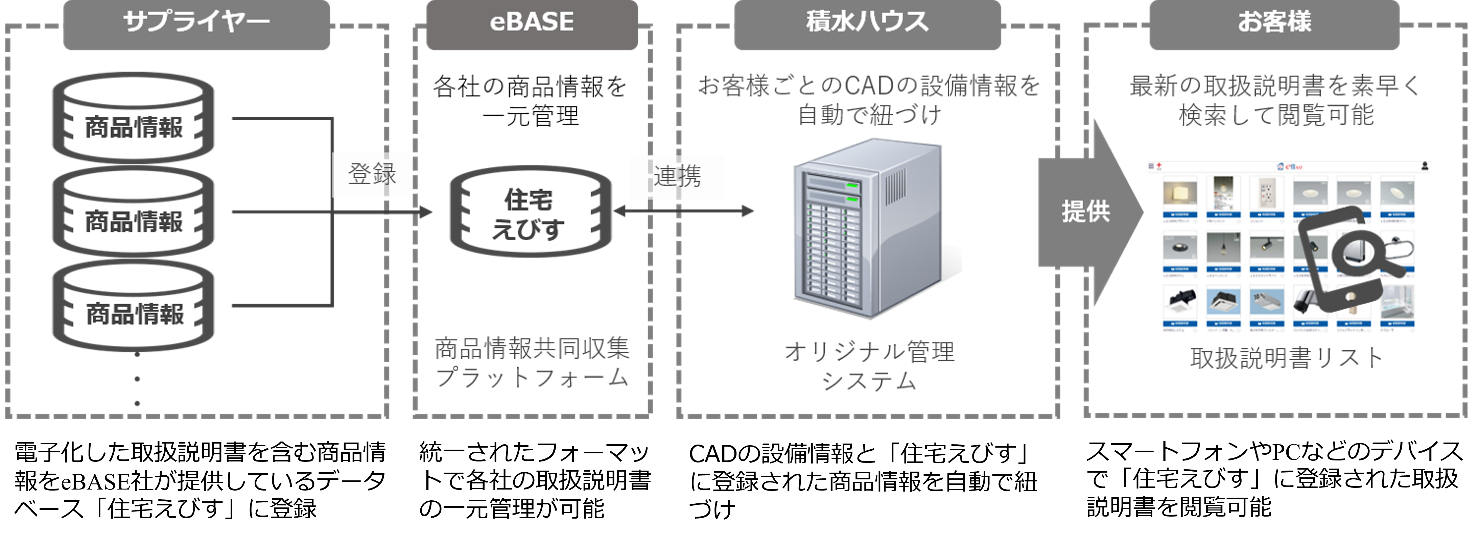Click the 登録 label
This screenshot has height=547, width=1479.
pyautogui.click(x=372, y=174)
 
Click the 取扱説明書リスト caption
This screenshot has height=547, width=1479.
pyautogui.click(x=1286, y=358)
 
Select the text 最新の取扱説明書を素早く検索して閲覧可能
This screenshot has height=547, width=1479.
pyautogui.click(x=1276, y=100)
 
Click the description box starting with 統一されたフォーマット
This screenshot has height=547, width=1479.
pyautogui.click(x=540, y=482)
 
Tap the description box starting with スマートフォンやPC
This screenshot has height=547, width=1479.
pyautogui.click(x=1276, y=488)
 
